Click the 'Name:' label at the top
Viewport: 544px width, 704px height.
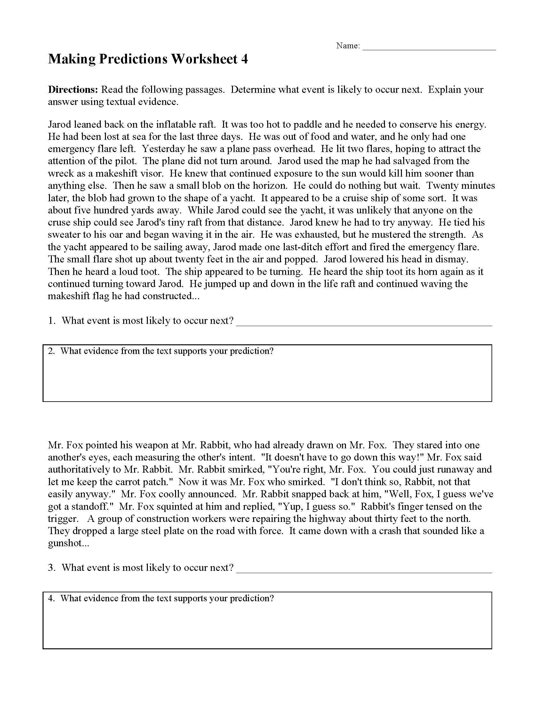[348, 46]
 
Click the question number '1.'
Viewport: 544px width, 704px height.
[52, 321]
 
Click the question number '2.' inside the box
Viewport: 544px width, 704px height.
[52, 351]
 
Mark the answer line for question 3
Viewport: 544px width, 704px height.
[364, 571]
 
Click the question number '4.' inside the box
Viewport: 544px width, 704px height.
[52, 599]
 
